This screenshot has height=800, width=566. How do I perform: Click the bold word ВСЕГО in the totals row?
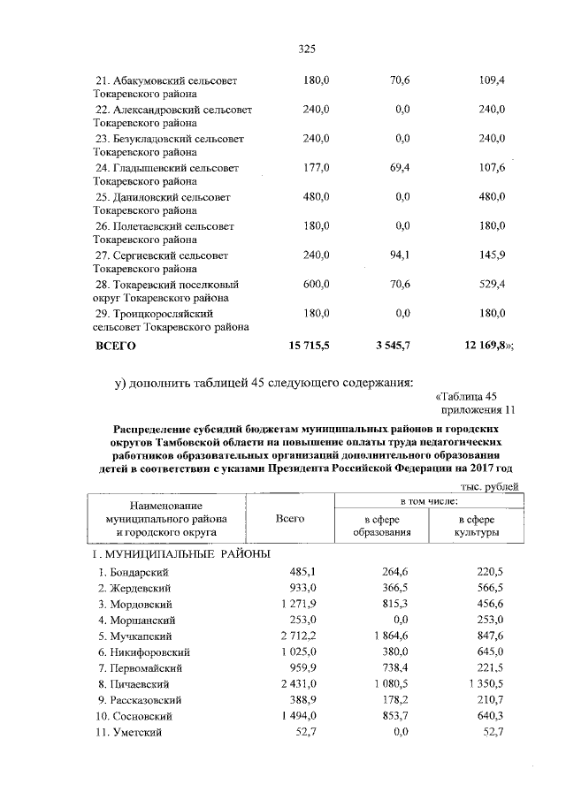[116, 347]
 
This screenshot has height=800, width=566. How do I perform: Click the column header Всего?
[289, 519]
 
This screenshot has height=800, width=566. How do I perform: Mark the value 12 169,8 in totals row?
[481, 347]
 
